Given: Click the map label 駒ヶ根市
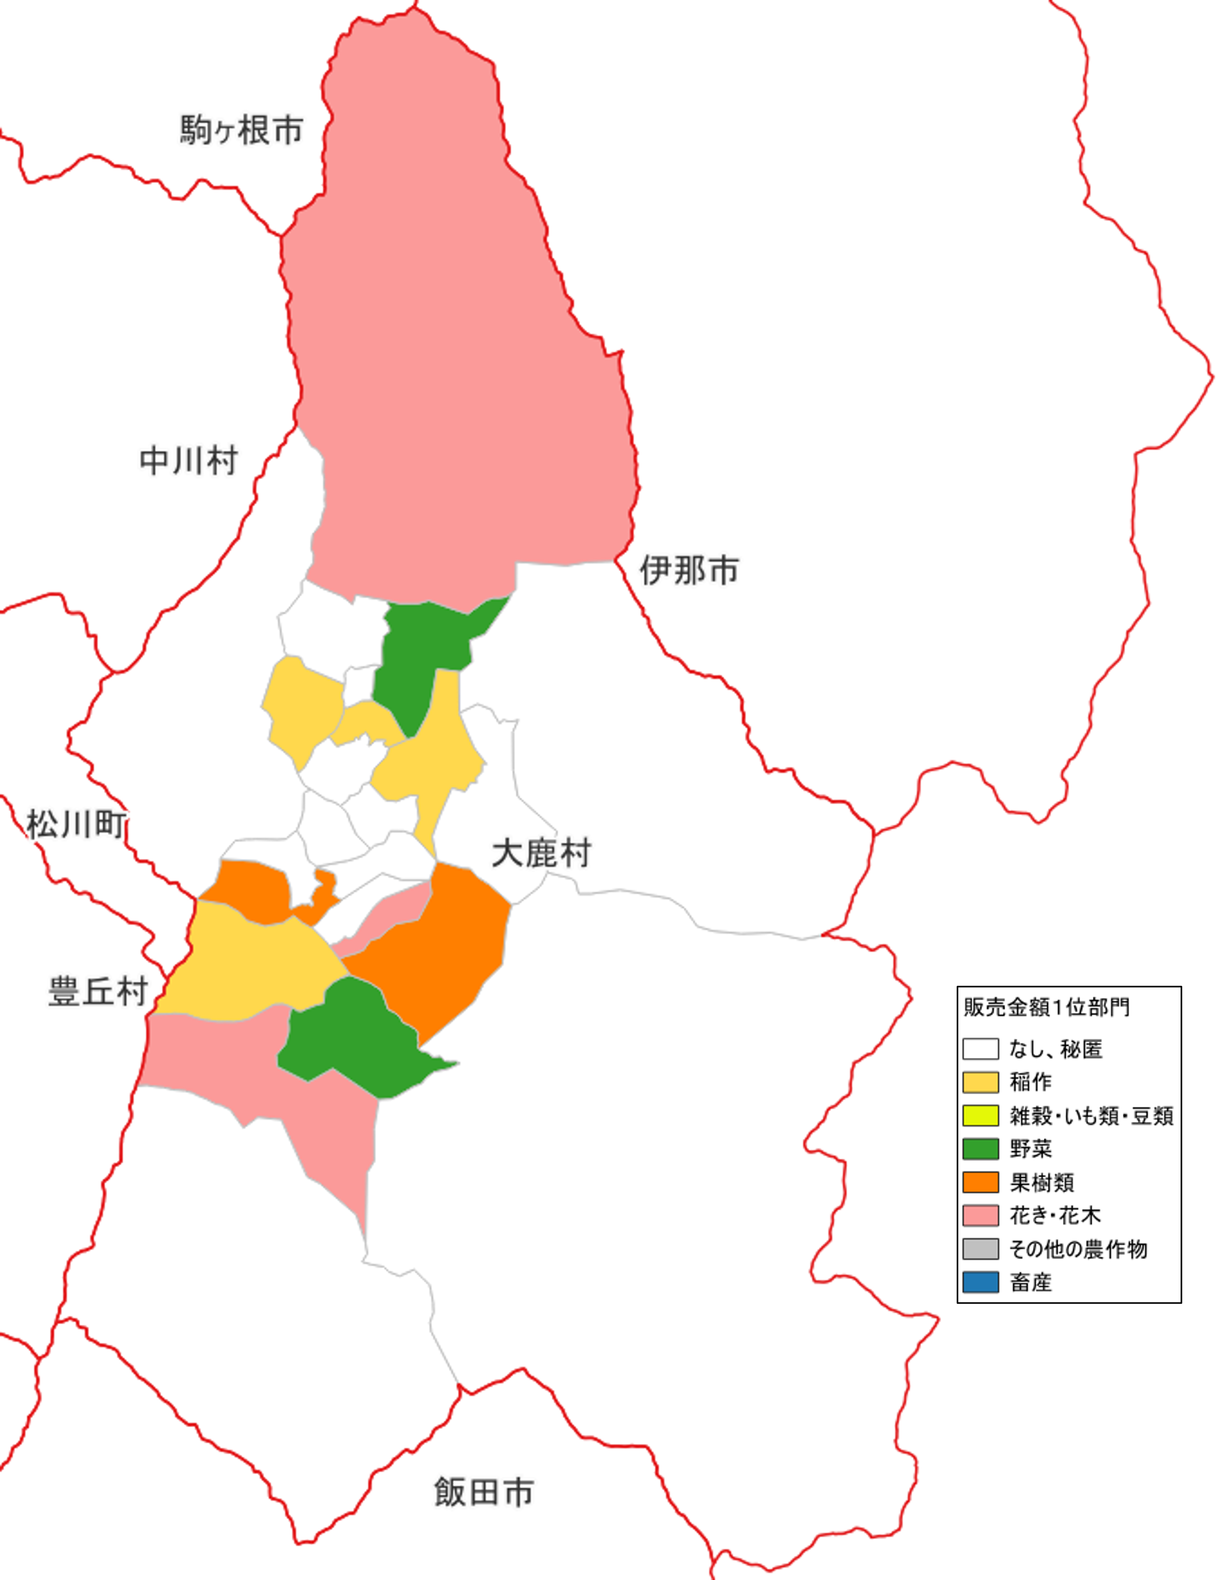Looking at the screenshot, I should pyautogui.click(x=241, y=130).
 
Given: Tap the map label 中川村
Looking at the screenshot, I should pyautogui.click(x=189, y=461).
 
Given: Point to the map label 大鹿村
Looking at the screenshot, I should pyautogui.click(x=541, y=854).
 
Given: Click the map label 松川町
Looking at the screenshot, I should pyautogui.click(x=77, y=824).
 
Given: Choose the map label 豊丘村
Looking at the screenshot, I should pyautogui.click(x=98, y=991).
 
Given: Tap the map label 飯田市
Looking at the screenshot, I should pyautogui.click(x=484, y=1492).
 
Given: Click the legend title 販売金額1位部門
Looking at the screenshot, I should pyautogui.click(x=1046, y=1007).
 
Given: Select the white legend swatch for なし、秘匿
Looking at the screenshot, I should pyautogui.click(x=980, y=1048).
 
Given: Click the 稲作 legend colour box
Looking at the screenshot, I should pyautogui.click(x=980, y=1082).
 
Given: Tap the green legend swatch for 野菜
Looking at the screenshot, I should pyautogui.click(x=980, y=1148).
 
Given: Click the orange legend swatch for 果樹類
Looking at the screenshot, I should pyautogui.click(x=980, y=1182).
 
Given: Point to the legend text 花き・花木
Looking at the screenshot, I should pyautogui.click(x=1055, y=1215).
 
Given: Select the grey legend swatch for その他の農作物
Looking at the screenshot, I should pyautogui.click(x=980, y=1249).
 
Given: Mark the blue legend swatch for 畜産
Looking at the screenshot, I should pyautogui.click(x=980, y=1282).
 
